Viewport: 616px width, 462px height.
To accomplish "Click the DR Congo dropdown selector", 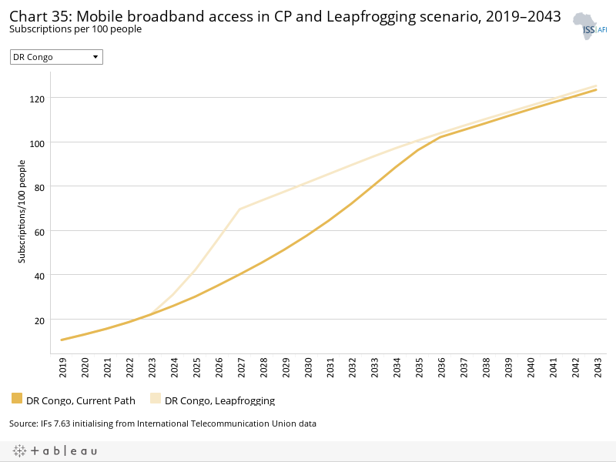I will [56, 57].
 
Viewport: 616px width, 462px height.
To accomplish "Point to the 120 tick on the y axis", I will [38, 99].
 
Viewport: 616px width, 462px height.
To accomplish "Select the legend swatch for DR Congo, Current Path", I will [17, 399].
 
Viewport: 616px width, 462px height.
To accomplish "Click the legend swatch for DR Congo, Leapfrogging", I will [156, 399].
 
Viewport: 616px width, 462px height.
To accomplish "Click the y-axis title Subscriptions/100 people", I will [22, 211].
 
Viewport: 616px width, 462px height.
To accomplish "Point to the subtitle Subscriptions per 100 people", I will [75, 29].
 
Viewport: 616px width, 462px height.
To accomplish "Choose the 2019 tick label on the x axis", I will [62, 369].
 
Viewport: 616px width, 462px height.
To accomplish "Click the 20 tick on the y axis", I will [40, 320].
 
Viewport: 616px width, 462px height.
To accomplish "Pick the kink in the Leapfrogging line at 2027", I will [239, 209].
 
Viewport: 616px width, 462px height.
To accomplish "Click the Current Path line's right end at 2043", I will [596, 90].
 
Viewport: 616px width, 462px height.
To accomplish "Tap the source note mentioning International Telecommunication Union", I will [162, 423].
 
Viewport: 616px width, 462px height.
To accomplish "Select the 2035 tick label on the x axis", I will [418, 369].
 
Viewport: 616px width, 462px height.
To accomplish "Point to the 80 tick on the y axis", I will [40, 187].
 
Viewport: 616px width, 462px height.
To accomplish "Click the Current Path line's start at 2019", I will [62, 340].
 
